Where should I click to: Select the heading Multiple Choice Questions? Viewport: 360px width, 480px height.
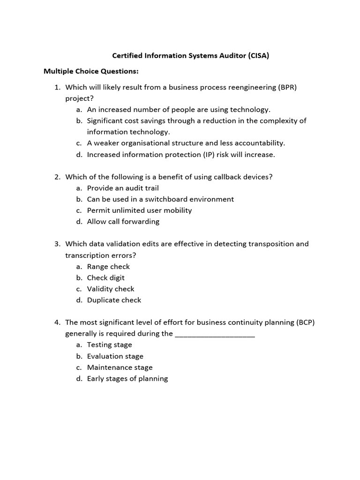point(91,71)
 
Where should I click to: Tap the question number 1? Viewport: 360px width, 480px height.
point(57,87)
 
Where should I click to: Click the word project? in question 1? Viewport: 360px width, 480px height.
point(79,98)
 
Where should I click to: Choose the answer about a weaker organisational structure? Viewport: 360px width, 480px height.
point(186,143)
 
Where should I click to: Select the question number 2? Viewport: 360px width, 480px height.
point(57,177)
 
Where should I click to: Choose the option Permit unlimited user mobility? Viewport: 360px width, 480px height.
point(139,210)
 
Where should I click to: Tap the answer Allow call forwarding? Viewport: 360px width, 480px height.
point(123,222)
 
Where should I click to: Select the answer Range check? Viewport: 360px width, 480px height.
point(108,267)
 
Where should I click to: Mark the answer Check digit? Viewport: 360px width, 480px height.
point(105,277)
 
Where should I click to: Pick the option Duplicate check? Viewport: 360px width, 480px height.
point(114,300)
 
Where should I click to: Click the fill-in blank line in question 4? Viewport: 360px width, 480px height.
point(215,335)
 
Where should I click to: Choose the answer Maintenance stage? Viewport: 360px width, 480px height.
point(120,367)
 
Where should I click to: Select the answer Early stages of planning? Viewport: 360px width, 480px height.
point(127,379)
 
